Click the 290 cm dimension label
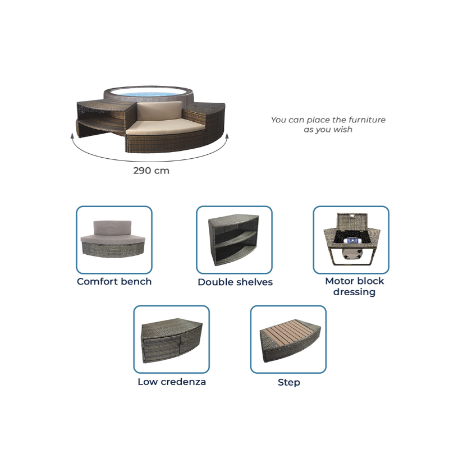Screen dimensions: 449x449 pyautogui.click(x=151, y=171)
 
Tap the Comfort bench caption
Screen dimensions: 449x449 pyautogui.click(x=114, y=282)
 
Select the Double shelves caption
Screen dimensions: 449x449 pyautogui.click(x=235, y=282)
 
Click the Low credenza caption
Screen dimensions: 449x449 pyautogui.click(x=172, y=382)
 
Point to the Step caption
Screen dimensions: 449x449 pyautogui.click(x=289, y=383)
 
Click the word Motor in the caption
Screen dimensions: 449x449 pyautogui.click(x=340, y=281)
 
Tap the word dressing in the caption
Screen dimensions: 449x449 pyautogui.click(x=354, y=292)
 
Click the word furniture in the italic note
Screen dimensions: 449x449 pyautogui.click(x=367, y=120)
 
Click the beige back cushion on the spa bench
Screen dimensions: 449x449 pyautogui.click(x=159, y=112)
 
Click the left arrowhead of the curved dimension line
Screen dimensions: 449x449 pyautogui.click(x=72, y=135)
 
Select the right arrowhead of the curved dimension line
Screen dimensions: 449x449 pyautogui.click(x=227, y=135)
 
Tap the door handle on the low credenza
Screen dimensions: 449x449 pyautogui.click(x=180, y=343)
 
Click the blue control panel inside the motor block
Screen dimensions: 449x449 pyautogui.click(x=353, y=241)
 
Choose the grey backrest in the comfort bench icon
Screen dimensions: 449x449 pyautogui.click(x=112, y=228)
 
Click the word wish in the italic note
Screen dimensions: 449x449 pyautogui.click(x=343, y=130)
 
